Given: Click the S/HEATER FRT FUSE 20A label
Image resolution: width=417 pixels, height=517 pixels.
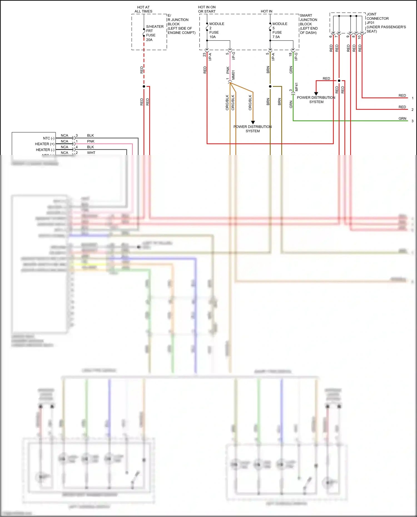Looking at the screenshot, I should coord(154,33).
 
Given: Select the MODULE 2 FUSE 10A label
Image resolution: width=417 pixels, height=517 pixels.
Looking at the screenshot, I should coord(216,30).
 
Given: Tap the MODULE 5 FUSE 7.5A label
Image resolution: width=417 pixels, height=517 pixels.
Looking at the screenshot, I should coord(279,30).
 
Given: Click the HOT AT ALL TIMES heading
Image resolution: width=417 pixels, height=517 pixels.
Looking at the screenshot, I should coord(143,9).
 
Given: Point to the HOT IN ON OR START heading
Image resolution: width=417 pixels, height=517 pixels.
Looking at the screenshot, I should coord(207,9).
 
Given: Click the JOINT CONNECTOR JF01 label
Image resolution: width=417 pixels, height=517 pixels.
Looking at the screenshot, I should coord(386,23).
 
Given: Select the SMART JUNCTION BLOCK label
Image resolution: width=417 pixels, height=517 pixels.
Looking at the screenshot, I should coord(308,24).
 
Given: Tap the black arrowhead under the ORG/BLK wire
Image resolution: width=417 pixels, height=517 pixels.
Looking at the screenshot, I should coord(253,122).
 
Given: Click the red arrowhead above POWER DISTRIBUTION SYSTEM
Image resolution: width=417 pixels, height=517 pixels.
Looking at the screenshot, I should coord(316,94).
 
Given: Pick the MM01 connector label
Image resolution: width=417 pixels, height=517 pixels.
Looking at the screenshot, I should coord(234,75).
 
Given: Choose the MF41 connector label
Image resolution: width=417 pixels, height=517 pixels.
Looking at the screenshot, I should coord(297,87).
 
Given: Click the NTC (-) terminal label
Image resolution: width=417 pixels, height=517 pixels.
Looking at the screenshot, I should coord(49,138).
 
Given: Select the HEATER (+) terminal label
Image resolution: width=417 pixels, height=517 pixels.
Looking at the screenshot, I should coord(44,144).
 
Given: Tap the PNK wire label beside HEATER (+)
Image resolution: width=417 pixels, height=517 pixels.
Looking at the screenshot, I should coord(91,141).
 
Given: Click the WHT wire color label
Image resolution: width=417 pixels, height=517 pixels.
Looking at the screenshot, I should coord(91,153).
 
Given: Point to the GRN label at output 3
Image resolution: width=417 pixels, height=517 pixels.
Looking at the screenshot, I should coord(402,118).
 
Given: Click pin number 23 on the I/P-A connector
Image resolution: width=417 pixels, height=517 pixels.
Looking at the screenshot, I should coord(204,54).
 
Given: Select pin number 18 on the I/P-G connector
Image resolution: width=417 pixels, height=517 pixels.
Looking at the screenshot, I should coord(290,54).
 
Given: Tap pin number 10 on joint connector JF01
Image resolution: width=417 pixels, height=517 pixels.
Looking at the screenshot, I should coord(359,37).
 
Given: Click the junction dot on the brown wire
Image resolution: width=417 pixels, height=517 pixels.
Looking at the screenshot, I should coord(270,86).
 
